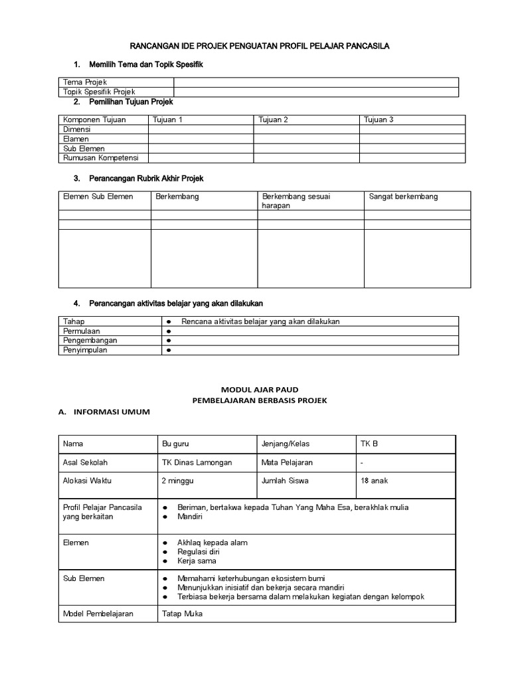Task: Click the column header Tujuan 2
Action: [273, 120]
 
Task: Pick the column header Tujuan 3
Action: [379, 120]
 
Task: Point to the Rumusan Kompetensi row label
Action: [97, 158]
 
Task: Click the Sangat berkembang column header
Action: [403, 197]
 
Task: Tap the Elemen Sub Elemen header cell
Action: [98, 197]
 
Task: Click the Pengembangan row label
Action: [90, 340]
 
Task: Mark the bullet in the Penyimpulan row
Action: [169, 350]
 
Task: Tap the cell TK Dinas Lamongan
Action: [197, 462]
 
